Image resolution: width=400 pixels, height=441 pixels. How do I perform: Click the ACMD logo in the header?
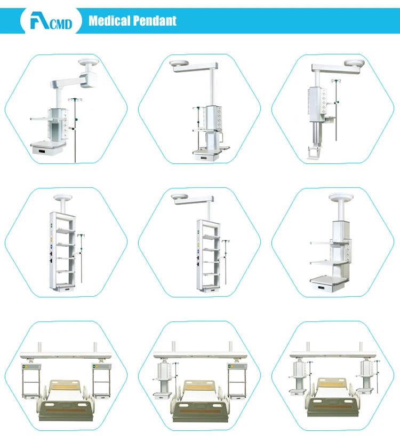pyautogui.click(x=51, y=20)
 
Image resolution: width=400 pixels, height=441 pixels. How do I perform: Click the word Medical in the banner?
pyautogui.click(x=109, y=21)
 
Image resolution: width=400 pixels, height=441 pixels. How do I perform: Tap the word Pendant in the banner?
pyautogui.click(x=155, y=21)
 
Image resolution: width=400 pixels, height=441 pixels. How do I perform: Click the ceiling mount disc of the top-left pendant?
pyautogui.click(x=89, y=61)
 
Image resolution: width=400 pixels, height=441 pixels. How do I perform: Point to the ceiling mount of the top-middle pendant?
pyautogui.click(x=179, y=63)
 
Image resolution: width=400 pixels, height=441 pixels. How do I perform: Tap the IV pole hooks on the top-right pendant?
pyautogui.click(x=336, y=81)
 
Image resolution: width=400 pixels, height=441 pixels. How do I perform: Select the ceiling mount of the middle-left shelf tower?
pyautogui.click(x=63, y=197)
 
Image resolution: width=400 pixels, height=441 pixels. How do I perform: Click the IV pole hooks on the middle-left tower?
pyautogui.click(x=81, y=235)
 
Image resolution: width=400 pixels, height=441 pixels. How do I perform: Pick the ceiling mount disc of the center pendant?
pyautogui.click(x=180, y=196)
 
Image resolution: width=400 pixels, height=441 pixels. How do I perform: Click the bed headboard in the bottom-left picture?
pyautogui.click(x=65, y=385)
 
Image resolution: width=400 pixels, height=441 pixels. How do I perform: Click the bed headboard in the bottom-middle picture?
pyautogui.click(x=199, y=385)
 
